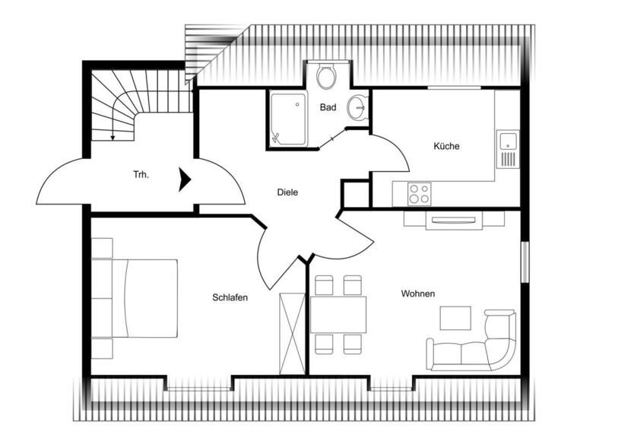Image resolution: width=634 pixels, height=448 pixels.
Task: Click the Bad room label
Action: tap(328, 108)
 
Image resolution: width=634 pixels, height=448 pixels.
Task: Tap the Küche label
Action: tap(447, 146)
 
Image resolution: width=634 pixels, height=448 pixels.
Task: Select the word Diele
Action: tap(287, 192)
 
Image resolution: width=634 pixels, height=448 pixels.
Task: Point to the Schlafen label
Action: tap(230, 297)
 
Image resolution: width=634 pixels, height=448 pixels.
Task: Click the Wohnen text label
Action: tap(418, 294)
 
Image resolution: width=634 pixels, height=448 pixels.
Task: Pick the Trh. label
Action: tap(141, 175)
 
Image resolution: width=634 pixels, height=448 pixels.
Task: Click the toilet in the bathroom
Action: tap(327, 77)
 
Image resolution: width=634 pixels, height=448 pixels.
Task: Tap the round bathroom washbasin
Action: tap(357, 108)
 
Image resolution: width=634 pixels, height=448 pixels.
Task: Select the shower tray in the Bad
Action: tap(287, 118)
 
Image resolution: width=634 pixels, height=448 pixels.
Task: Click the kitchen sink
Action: tap(506, 140)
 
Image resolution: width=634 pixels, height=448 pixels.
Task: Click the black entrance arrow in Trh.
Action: tap(184, 180)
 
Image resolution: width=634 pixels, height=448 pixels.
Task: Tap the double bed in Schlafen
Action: tap(135, 297)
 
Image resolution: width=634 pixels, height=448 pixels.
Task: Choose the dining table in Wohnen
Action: tap(338, 314)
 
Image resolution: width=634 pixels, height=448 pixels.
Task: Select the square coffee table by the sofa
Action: tap(455, 317)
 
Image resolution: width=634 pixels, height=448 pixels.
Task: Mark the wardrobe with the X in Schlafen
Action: tap(292, 332)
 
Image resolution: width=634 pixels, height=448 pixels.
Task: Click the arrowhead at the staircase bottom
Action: tap(113, 138)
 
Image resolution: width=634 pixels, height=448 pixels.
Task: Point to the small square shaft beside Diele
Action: tap(354, 194)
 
